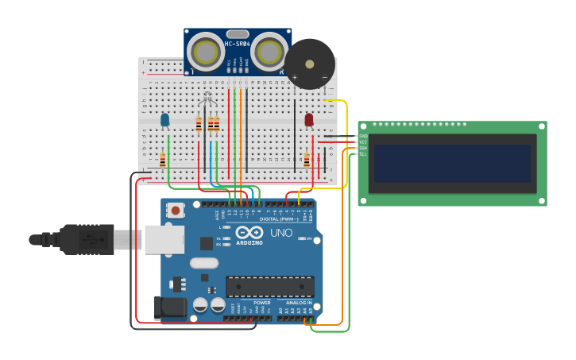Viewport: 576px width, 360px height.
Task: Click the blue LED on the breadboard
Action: pyautogui.click(x=165, y=120)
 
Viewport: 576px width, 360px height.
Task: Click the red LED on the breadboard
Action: pyautogui.click(x=309, y=120)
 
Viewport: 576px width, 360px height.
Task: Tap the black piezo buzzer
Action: pyautogui.click(x=310, y=64)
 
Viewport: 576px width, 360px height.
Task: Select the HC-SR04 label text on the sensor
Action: pyautogui.click(x=238, y=44)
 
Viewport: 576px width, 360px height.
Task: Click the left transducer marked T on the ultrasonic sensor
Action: pyautogui.click(x=206, y=52)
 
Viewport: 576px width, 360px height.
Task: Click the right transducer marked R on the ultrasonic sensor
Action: pyautogui.click(x=270, y=52)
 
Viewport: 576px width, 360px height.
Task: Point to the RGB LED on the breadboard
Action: pyautogui.click(x=207, y=99)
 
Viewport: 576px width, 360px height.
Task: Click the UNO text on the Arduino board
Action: pyautogui.click(x=281, y=233)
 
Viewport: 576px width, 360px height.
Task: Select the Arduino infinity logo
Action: pyautogui.click(x=249, y=233)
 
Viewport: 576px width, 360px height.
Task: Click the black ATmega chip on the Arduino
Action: pyautogui.click(x=269, y=286)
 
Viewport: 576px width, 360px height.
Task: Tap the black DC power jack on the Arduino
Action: pyautogui.click(x=170, y=308)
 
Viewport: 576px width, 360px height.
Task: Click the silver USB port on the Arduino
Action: pyautogui.click(x=164, y=239)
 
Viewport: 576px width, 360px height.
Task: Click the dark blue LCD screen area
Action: pyautogui.click(x=452, y=163)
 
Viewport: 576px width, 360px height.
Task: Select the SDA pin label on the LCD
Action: pyautogui.click(x=363, y=148)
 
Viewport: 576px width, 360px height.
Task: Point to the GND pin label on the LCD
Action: pyautogui.click(x=363, y=136)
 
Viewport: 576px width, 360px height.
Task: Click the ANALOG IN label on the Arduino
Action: pyautogui.click(x=299, y=303)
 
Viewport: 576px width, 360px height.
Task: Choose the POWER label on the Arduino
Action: pyautogui.click(x=261, y=303)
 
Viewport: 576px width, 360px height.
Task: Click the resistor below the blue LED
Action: pyautogui.click(x=163, y=161)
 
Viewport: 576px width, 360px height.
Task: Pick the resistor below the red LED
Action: pyautogui.click(x=307, y=161)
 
